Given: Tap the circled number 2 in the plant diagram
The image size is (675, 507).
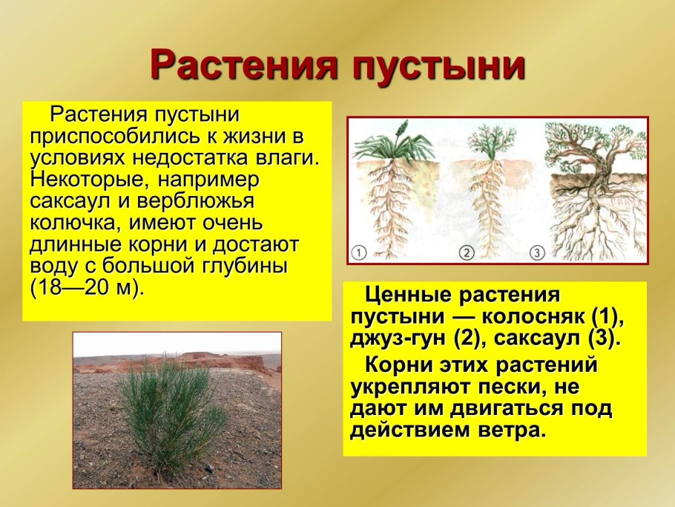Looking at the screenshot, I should tap(466, 253).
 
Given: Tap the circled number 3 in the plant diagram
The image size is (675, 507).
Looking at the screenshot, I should tap(538, 253).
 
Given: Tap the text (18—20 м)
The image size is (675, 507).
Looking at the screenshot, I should tap(85, 287).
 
